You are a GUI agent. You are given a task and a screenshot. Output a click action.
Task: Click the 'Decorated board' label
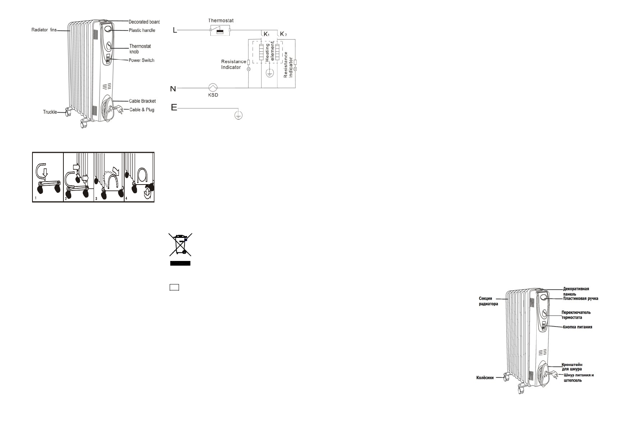[144, 22]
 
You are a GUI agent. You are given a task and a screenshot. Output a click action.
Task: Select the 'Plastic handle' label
[142, 30]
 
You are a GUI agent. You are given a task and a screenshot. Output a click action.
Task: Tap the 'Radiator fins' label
[44, 30]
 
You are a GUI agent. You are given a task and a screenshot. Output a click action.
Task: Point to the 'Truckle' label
[50, 112]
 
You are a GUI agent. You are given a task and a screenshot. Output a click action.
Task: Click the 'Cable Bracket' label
[142, 101]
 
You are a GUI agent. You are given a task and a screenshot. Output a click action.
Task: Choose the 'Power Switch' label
[141, 60]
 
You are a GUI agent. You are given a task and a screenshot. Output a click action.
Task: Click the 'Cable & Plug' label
[142, 110]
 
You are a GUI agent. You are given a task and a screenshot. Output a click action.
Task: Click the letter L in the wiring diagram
[175, 30]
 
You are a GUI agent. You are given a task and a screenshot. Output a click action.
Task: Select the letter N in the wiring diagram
[173, 89]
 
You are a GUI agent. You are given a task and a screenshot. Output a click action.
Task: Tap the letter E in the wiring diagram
[174, 107]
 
